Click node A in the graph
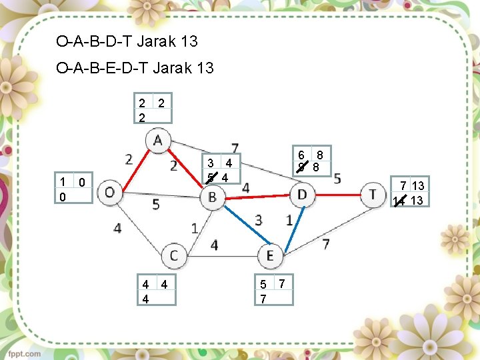click(x=158, y=141)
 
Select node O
click(x=109, y=193)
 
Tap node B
click(x=212, y=197)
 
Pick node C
click(x=174, y=255)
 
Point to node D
click(x=303, y=195)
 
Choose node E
click(x=271, y=255)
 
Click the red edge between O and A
click(x=133, y=167)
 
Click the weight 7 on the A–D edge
click(x=235, y=148)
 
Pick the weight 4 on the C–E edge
click(x=214, y=246)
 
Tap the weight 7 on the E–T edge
click(x=326, y=245)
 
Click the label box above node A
click(x=153, y=108)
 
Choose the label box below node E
click(x=273, y=291)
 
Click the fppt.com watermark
click(x=24, y=354)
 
